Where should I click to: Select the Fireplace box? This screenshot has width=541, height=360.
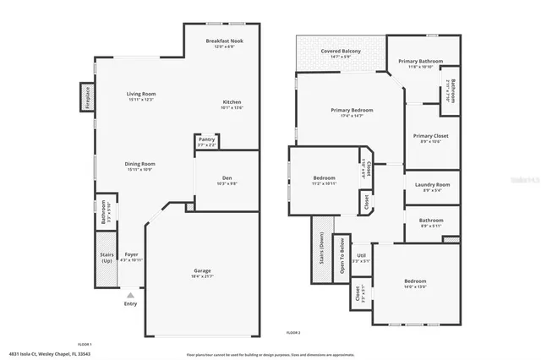click(x=86, y=96)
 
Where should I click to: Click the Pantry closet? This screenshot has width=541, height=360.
click(x=206, y=142)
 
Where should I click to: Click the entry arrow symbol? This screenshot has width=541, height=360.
click(x=130, y=296)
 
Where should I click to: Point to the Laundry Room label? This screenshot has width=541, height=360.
click(x=430, y=186)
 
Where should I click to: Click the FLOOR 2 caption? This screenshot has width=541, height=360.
click(x=292, y=334)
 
